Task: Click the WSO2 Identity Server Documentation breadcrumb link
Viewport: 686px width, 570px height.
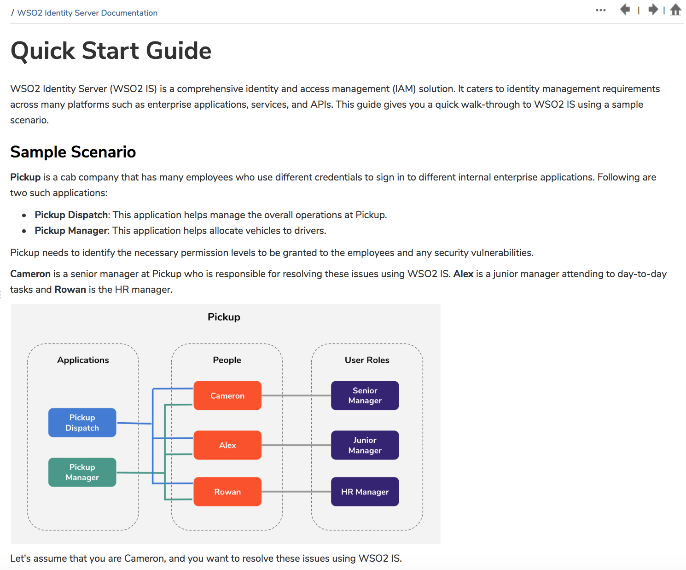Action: point(87,13)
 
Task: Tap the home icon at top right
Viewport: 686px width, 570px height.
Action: point(675,10)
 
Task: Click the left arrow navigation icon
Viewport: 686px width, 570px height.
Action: point(625,9)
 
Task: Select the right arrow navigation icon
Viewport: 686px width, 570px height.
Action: point(653,9)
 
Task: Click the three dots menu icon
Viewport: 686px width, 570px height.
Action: point(600,10)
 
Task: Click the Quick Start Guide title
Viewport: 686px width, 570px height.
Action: point(111,51)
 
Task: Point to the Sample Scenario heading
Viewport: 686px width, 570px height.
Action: point(73,152)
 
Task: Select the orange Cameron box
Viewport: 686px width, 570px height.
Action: point(227,396)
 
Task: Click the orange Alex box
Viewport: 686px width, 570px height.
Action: point(227,445)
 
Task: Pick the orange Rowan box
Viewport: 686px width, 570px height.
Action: point(227,492)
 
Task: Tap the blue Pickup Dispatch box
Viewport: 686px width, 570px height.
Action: point(82,423)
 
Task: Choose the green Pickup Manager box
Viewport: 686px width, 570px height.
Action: point(82,472)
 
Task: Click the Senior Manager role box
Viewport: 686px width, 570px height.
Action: point(365,396)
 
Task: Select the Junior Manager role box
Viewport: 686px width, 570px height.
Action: point(365,445)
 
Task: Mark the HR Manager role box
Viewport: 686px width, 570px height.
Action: point(365,492)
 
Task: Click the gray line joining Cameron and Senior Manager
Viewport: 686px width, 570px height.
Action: point(296,396)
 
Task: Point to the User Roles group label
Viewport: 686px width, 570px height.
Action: point(367,360)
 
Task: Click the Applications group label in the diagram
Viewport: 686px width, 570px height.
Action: point(83,360)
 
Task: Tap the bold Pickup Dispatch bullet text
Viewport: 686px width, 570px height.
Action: point(71,215)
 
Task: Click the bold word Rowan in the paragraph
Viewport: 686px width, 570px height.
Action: point(70,290)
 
